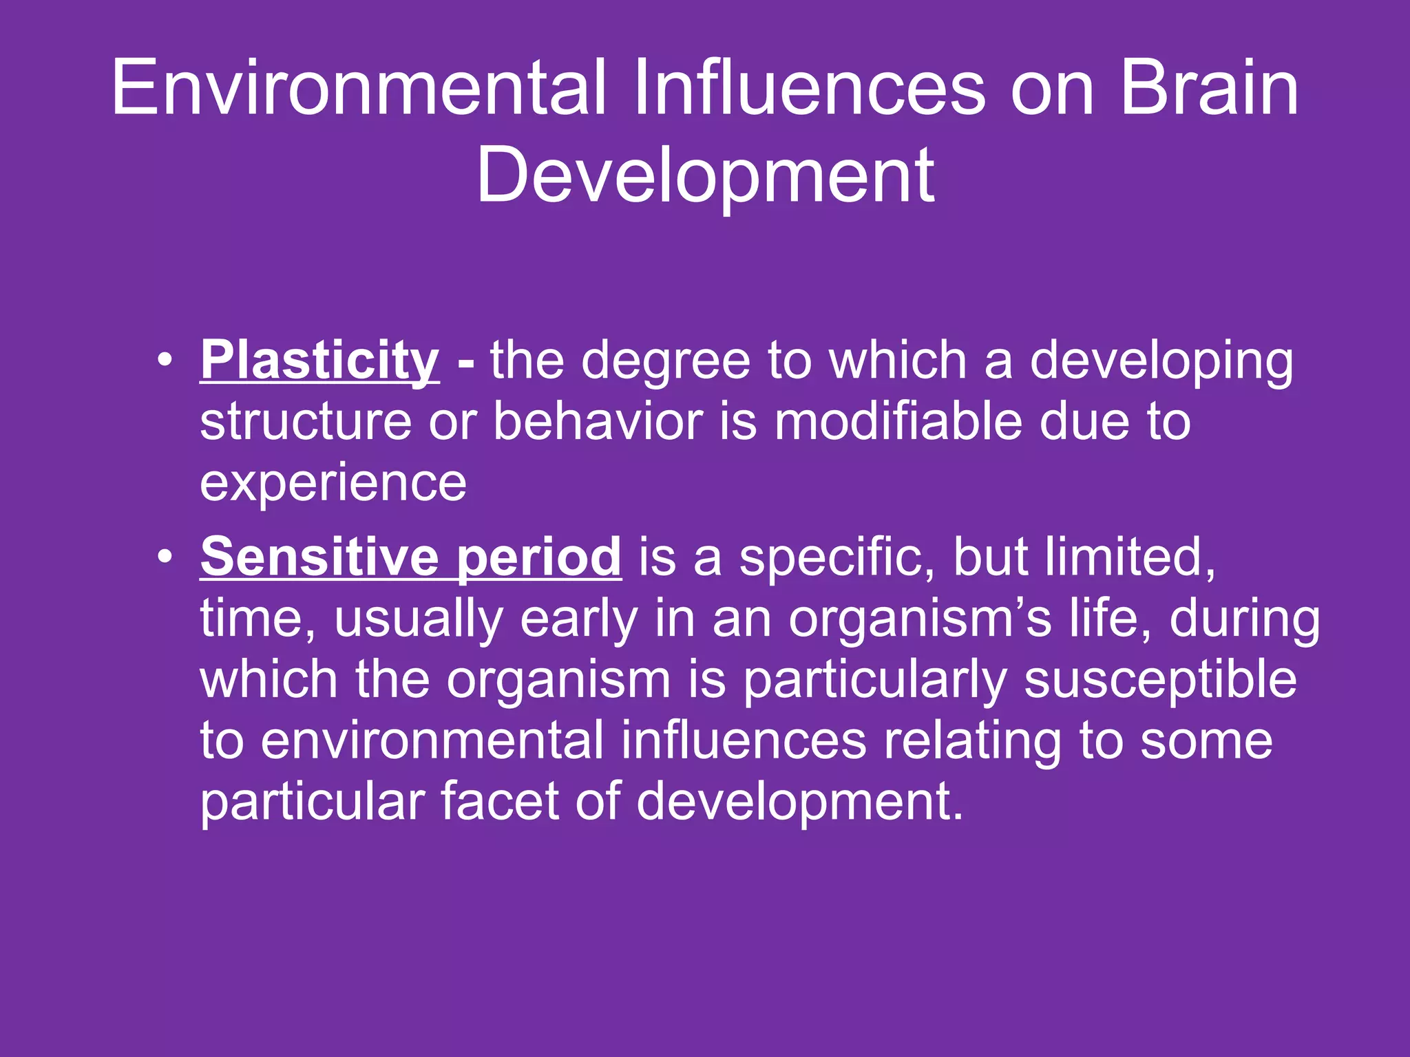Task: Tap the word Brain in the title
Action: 1209,88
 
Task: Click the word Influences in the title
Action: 810,88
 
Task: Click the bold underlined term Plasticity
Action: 319,361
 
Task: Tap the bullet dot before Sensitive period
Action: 164,557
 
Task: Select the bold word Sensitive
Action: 319,557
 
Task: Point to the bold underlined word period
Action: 538,557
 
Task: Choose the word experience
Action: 333,483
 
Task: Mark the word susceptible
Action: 1160,680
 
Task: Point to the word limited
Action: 1129,557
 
